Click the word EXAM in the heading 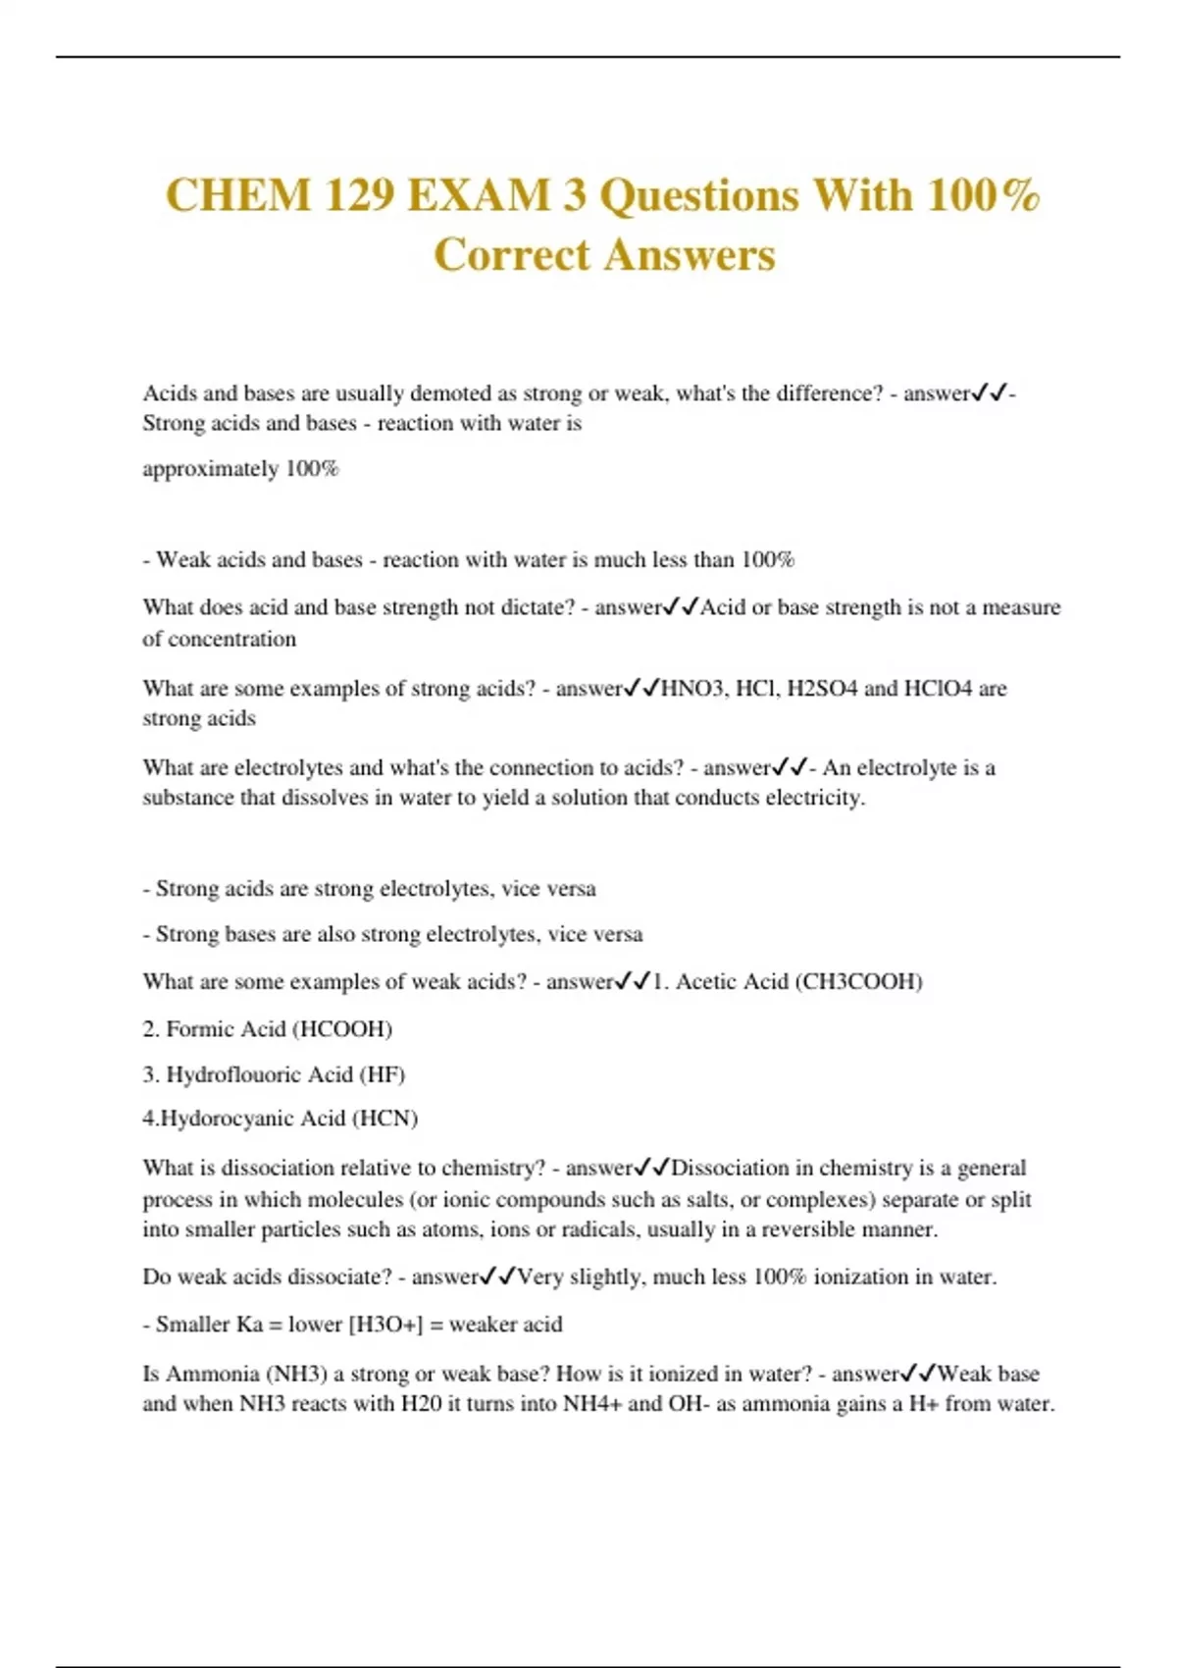pos(478,194)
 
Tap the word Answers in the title pos(690,255)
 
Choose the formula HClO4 pos(938,688)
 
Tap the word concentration pos(232,639)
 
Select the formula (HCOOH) pos(343,1028)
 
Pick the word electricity pos(814,798)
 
